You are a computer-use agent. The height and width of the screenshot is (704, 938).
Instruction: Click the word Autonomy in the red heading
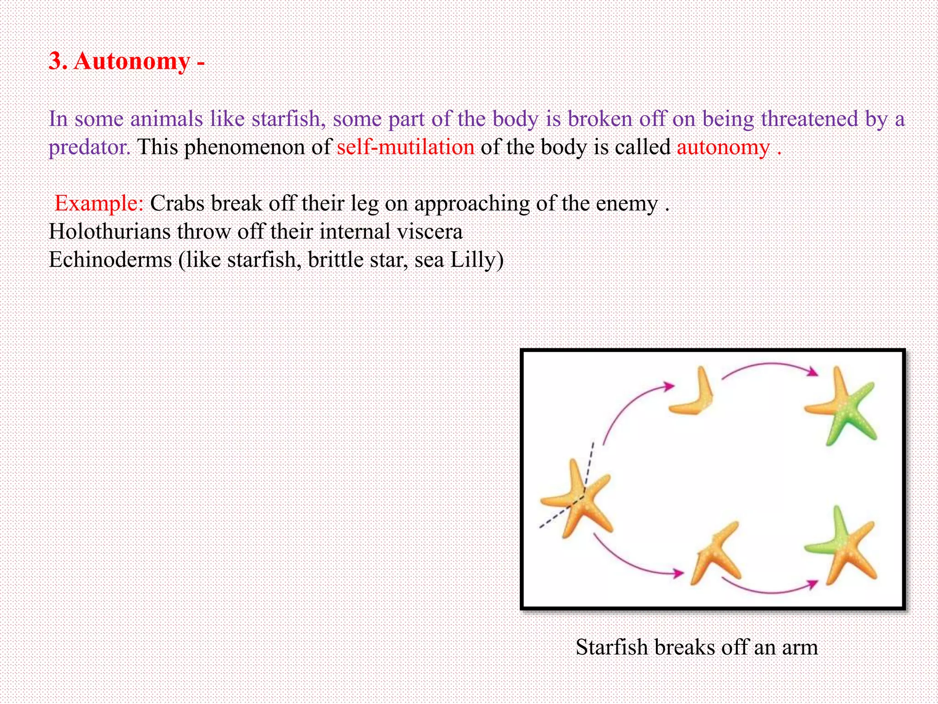tap(132, 61)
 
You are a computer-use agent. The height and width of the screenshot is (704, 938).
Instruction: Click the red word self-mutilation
tap(405, 148)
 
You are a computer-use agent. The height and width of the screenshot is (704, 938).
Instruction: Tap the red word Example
tap(99, 203)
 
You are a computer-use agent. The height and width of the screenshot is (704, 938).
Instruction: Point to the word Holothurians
tap(109, 231)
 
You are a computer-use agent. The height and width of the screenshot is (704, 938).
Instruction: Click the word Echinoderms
tap(110, 260)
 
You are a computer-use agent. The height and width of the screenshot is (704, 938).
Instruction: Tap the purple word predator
tap(90, 148)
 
